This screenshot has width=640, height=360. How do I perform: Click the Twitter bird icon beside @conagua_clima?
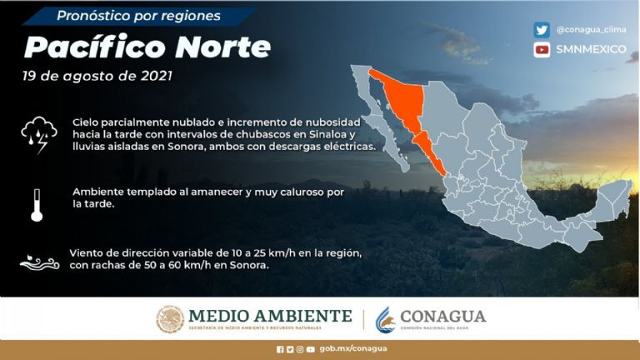tap(542, 29)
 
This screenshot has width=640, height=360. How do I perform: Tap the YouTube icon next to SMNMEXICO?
tap(542, 49)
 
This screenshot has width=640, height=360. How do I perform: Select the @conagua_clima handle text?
tap(592, 29)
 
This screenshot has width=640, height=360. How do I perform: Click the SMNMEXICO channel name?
tap(592, 49)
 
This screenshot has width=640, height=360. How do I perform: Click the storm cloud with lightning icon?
tap(38, 133)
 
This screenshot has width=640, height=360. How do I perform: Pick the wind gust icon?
tap(38, 261)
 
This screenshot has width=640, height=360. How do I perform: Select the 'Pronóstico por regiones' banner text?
tap(138, 16)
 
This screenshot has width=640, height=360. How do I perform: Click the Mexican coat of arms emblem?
tap(170, 319)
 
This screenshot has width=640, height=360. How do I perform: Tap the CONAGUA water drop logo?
tap(385, 319)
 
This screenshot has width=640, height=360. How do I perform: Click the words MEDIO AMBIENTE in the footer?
tap(271, 316)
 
